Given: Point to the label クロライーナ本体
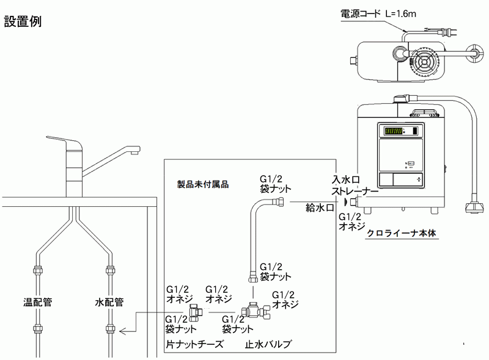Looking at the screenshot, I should point(403,233).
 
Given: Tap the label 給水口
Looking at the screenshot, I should point(319,208).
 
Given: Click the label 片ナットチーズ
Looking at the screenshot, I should point(193,345).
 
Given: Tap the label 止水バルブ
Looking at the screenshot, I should point(268,345).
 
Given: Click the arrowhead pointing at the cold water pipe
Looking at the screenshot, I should point(122,331).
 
